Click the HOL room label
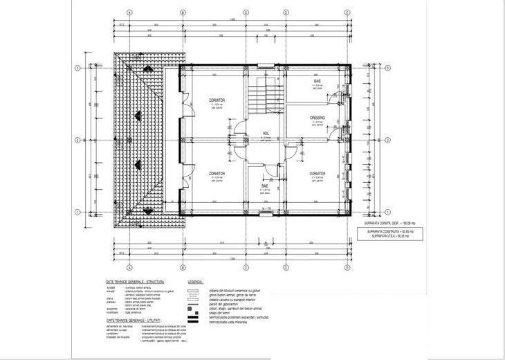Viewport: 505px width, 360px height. [266, 133]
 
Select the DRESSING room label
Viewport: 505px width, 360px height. [318, 118]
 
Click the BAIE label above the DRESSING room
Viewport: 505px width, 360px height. [318, 81]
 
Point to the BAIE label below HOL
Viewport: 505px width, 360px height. [264, 186]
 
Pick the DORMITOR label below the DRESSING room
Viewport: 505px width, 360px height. [318, 173]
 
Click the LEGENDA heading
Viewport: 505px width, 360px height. [194, 282]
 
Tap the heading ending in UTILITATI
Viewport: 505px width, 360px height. [134, 321]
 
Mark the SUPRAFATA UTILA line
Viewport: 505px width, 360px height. [390, 236]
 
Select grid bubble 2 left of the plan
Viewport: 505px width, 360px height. [78, 140]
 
